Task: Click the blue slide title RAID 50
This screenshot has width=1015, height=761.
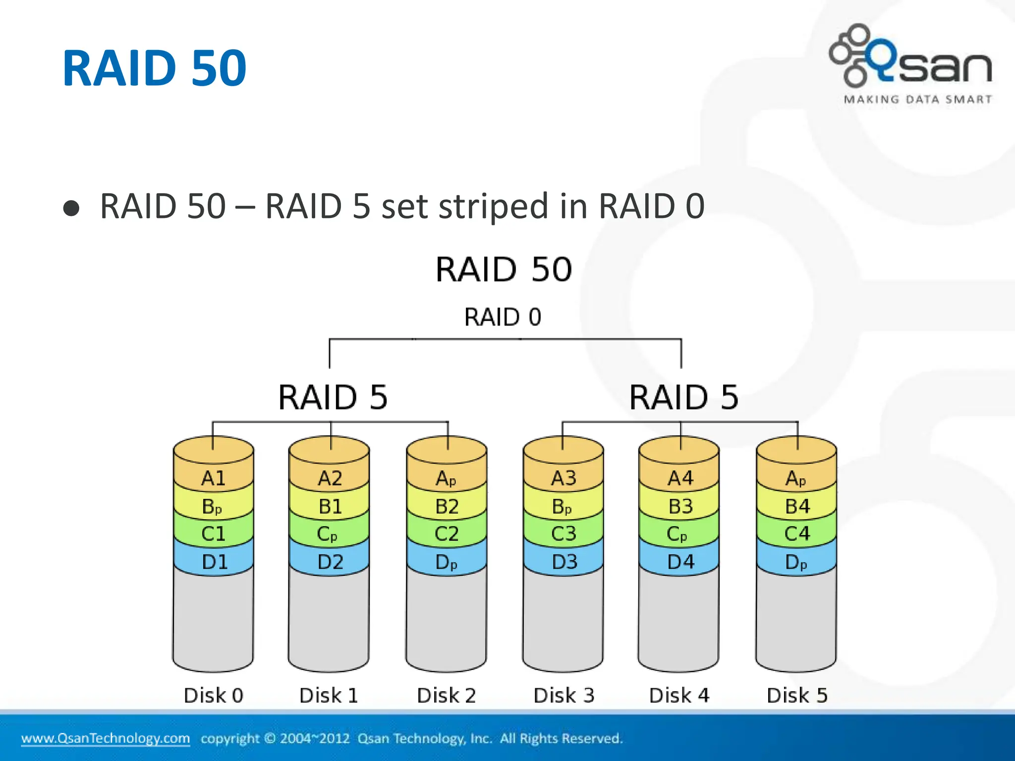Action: click(154, 68)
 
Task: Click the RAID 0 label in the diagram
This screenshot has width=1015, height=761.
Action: click(503, 317)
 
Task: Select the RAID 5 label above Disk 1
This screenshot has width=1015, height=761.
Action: click(333, 397)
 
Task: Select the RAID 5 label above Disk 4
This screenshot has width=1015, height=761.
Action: click(683, 397)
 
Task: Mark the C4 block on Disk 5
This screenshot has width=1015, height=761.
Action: click(797, 534)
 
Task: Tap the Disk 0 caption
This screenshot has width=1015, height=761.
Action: click(214, 696)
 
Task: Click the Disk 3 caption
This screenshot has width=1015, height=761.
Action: click(564, 696)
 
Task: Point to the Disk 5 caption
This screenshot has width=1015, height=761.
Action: click(797, 696)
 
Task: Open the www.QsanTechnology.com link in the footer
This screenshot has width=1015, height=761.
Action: click(106, 738)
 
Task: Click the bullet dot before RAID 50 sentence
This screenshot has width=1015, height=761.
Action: click(71, 208)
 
